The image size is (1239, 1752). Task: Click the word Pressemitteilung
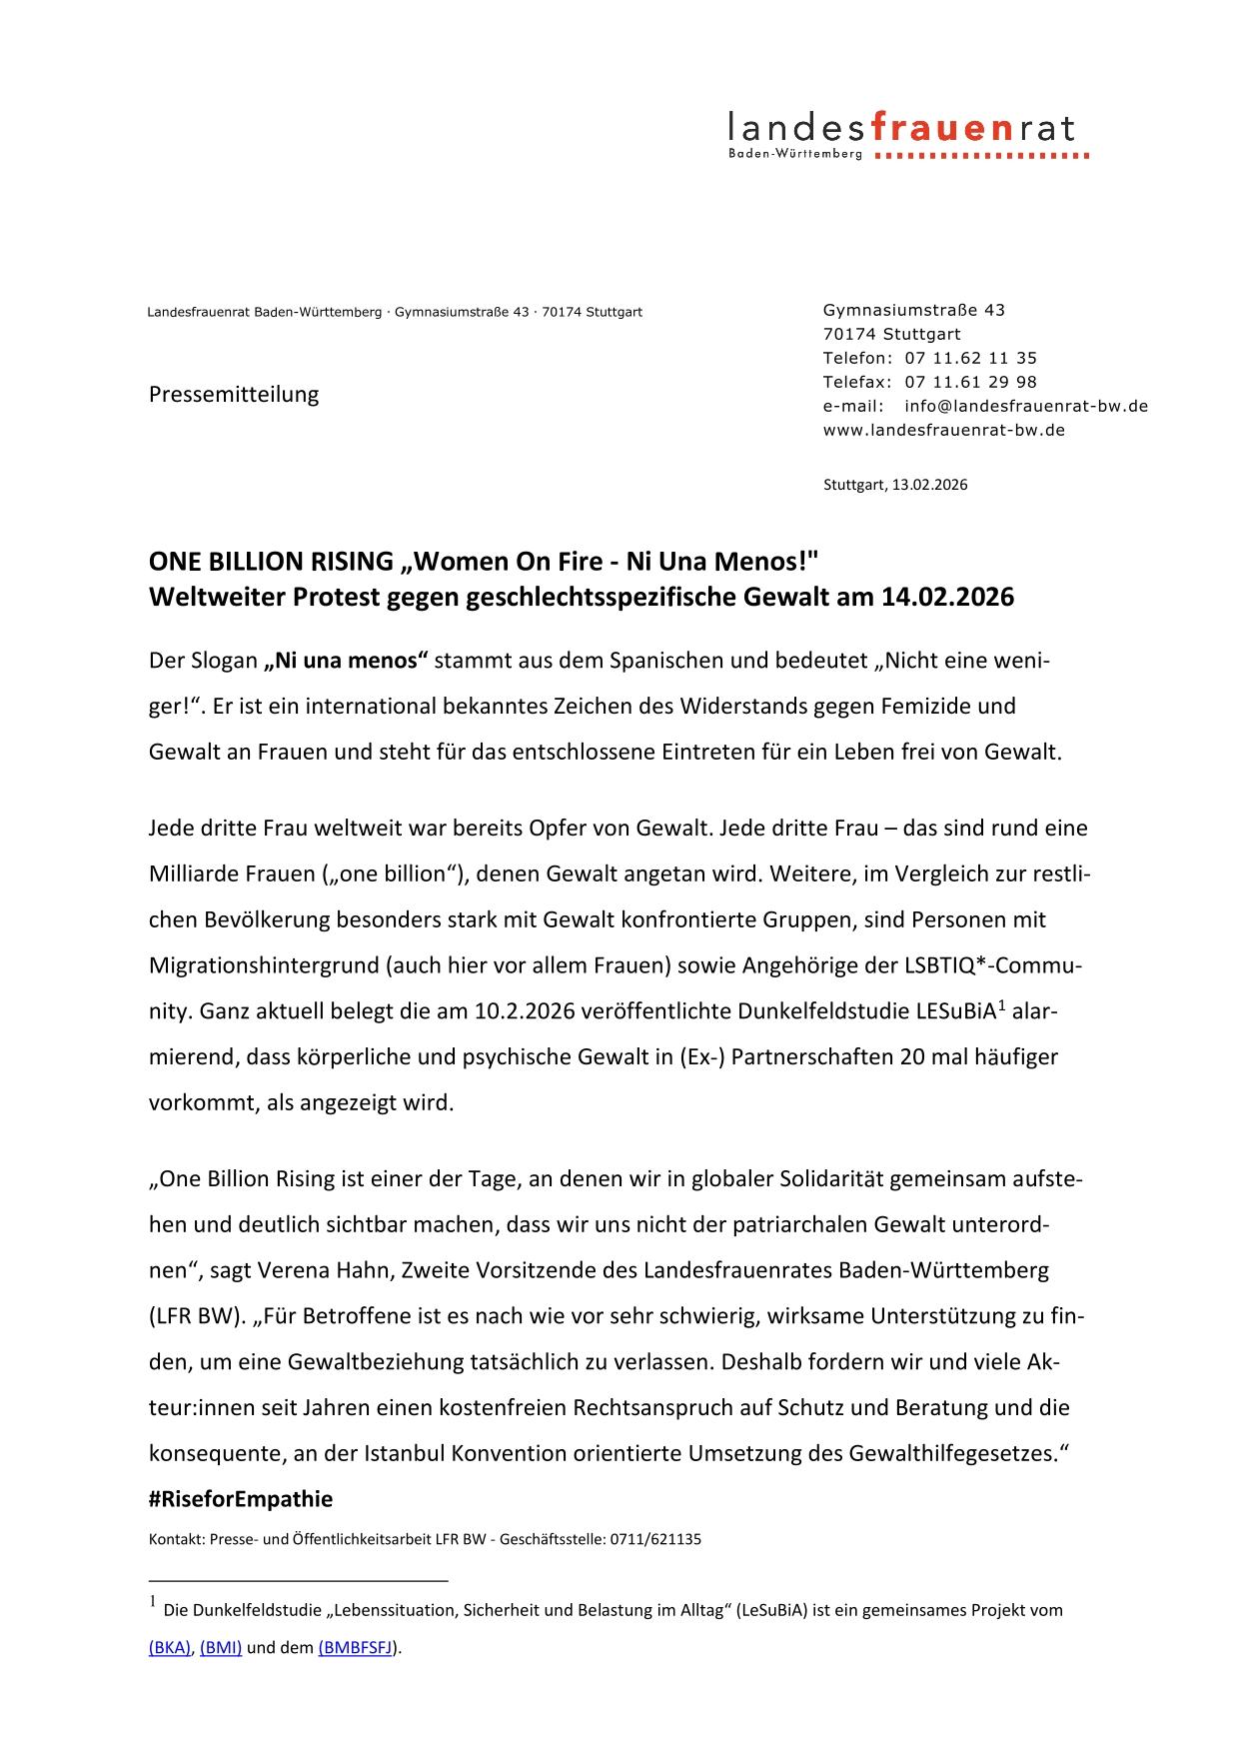234,394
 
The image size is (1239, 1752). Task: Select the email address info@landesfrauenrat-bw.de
1025,406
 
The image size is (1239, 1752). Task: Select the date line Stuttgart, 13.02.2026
895,485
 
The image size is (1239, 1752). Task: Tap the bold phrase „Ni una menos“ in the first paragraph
346,661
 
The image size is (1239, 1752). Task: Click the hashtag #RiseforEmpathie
241,1498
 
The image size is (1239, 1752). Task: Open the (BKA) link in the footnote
170,1648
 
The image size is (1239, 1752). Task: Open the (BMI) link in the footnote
221,1648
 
